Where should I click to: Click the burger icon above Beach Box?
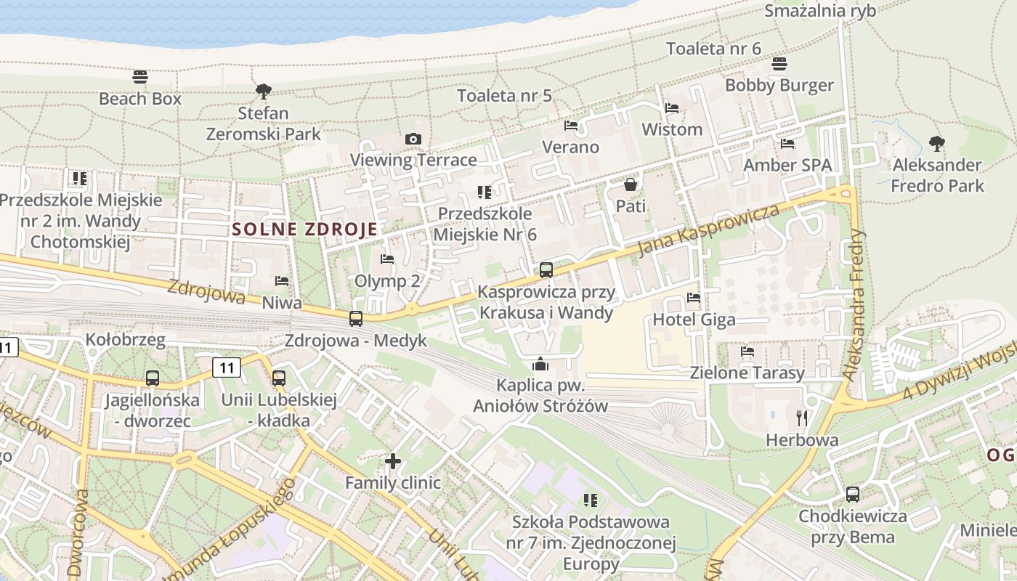[140, 76]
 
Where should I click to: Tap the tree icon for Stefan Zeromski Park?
[264, 92]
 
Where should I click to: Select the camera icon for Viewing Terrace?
[413, 139]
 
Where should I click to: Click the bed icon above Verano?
[571, 126]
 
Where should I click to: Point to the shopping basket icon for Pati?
[631, 184]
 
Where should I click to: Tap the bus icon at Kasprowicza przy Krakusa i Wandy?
[546, 270]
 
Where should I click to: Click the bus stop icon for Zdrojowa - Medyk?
[356, 318]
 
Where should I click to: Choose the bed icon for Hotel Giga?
[694, 298]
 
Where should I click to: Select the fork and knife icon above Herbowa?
[802, 418]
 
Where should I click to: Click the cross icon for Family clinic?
[393, 461]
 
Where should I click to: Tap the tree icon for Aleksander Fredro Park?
[937, 143]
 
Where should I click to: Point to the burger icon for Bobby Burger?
[779, 64]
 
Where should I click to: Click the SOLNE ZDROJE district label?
[305, 229]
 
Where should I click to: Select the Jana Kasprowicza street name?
[708, 230]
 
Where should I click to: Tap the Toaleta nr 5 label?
[504, 95]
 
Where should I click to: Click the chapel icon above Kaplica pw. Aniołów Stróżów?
[540, 364]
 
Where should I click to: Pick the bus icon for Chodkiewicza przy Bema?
[853, 495]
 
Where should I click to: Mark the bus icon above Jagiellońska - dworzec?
[152, 378]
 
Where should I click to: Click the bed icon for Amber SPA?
[787, 144]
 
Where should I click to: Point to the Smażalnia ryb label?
[820, 11]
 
